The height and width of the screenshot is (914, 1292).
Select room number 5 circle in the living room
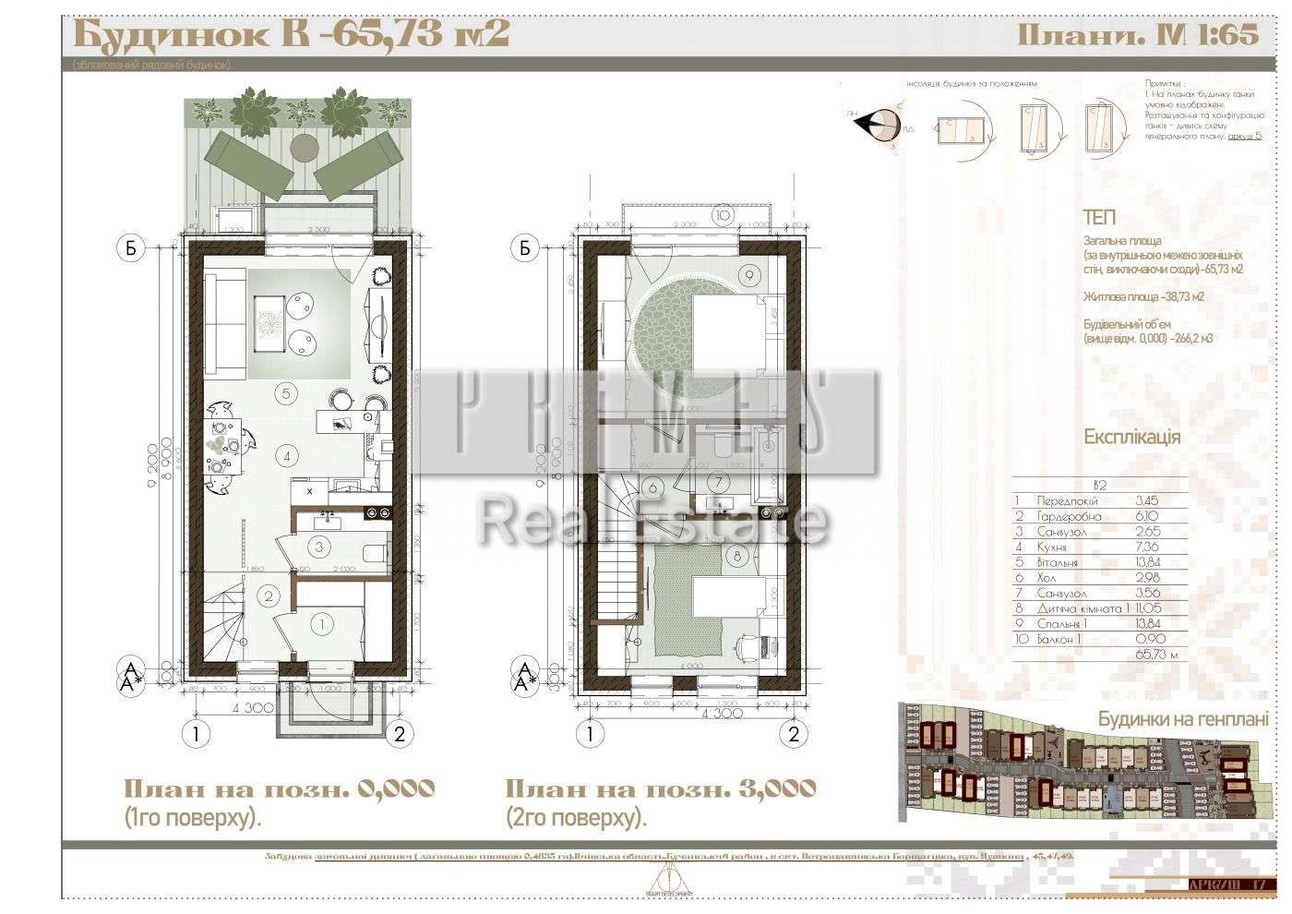(286, 393)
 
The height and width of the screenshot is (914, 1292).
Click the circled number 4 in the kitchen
(288, 455)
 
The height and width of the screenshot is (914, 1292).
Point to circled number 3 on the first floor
(318, 547)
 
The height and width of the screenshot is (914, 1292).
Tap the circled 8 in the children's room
(736, 556)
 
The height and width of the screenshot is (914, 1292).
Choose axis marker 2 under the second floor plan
(793, 735)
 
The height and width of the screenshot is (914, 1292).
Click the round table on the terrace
(305, 148)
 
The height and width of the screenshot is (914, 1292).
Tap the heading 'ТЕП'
(1099, 218)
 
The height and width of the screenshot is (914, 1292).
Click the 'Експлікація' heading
(1131, 437)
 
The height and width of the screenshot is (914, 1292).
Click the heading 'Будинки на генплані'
(1182, 719)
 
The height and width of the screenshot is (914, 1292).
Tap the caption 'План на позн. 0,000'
(279, 789)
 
